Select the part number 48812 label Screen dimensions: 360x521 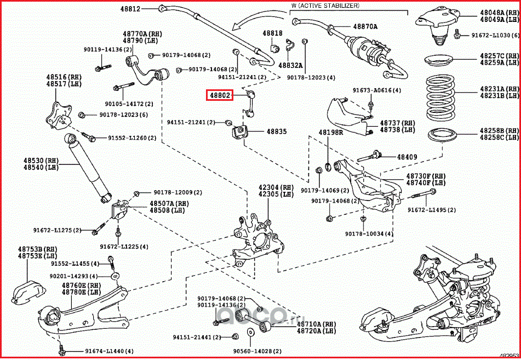pyautogui.click(x=131, y=9)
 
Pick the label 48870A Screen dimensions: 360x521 pyautogui.click(x=365, y=26)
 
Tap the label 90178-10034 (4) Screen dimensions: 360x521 pyautogui.click(x=369, y=234)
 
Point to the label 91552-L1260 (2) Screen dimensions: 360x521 pyautogui.click(x=131, y=138)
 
